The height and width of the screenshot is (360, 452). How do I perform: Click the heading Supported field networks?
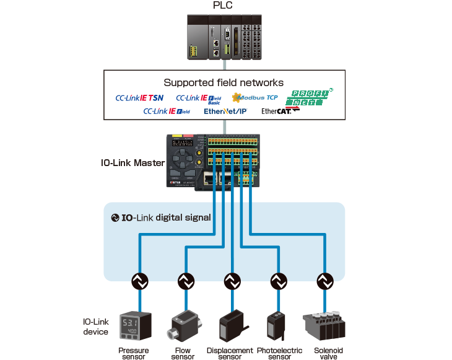224,82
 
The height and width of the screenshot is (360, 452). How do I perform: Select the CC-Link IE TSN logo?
139,97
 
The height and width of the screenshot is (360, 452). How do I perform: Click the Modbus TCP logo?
254,97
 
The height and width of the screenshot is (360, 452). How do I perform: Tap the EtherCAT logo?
280,112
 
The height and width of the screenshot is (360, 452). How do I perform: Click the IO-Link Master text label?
131,163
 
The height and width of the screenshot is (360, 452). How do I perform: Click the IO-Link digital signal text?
161,217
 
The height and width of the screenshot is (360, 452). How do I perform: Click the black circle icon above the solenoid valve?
324,281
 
